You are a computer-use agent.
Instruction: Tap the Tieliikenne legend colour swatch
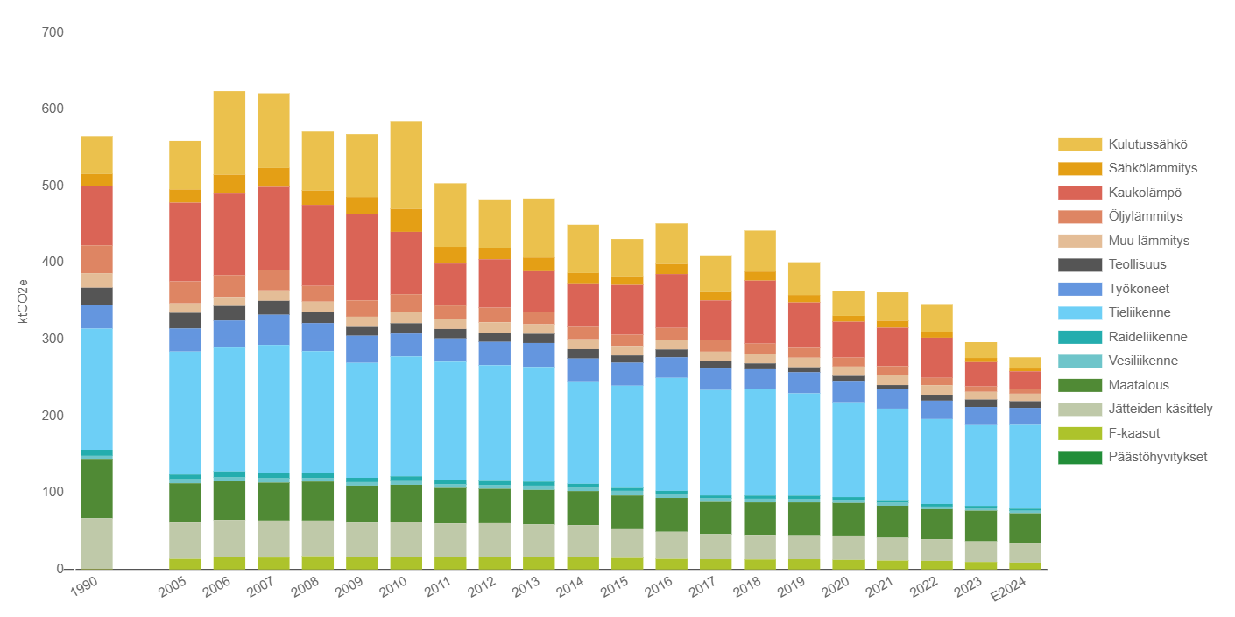coord(1079,312)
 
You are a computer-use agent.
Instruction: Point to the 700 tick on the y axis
coord(53,33)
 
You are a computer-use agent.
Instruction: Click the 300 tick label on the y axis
coord(53,340)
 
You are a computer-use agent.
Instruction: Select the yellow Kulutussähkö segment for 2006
coord(229,132)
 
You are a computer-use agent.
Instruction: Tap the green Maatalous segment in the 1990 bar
coord(96,488)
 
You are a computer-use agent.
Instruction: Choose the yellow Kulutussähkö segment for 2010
coord(406,165)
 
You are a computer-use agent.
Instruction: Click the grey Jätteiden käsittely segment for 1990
coord(96,543)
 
